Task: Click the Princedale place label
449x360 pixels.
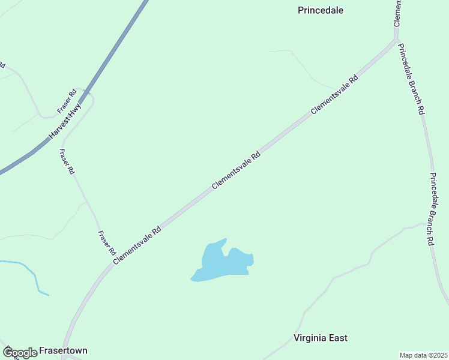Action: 325,10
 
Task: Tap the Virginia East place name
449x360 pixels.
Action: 321,338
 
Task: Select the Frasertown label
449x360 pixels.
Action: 63,350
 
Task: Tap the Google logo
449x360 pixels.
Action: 19,353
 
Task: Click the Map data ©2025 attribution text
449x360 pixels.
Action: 423,355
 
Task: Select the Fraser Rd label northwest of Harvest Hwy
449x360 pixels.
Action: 67,101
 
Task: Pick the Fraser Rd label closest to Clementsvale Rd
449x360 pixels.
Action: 106,243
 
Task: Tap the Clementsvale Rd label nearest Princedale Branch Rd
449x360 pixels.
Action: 334,95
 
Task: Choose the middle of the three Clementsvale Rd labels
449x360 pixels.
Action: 236,170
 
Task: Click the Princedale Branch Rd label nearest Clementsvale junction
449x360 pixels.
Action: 412,79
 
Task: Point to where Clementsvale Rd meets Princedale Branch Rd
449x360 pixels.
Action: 396,41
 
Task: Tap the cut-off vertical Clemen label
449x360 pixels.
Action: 397,13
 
